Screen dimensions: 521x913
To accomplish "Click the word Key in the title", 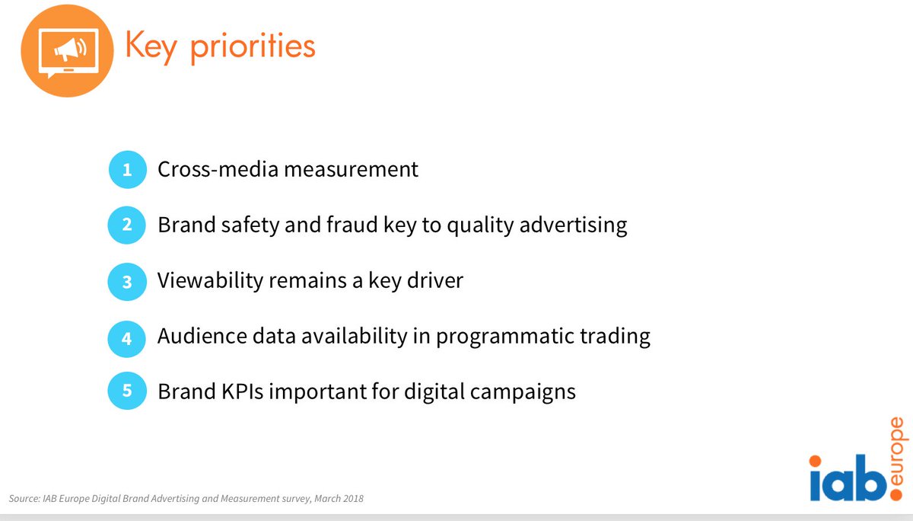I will tap(151, 47).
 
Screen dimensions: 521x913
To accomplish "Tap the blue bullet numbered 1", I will tap(126, 169).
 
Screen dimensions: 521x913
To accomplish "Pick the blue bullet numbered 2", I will tap(126, 225).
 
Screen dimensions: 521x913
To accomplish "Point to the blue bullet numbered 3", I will tap(126, 282).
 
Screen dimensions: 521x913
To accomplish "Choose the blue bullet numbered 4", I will tap(126, 337).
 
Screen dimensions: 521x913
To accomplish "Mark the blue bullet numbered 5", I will tap(126, 392).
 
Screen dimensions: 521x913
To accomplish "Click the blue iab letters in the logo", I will tap(847, 481).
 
